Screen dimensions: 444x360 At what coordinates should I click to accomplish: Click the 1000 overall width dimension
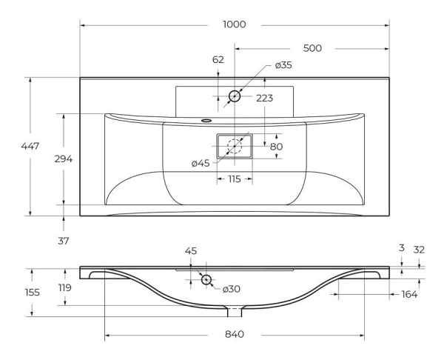tap(235, 24)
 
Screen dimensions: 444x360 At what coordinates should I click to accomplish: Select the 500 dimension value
tap(312, 48)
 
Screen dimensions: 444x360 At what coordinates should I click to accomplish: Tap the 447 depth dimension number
tap(30, 146)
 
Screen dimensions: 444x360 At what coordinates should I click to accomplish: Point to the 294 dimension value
tap(64, 159)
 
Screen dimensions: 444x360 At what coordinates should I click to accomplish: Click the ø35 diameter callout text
tap(283, 65)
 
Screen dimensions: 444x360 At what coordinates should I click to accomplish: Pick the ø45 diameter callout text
tap(201, 163)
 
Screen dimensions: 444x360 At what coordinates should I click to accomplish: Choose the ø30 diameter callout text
tap(232, 289)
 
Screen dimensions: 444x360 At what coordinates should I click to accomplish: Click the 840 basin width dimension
tap(235, 335)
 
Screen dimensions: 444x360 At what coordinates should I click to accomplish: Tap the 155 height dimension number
tap(33, 293)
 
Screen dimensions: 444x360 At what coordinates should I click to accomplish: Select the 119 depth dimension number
tap(65, 287)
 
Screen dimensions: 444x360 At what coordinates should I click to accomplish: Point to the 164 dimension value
tap(409, 295)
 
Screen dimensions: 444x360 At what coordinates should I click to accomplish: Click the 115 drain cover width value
tap(235, 179)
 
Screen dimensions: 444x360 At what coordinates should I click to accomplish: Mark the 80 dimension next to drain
tap(276, 147)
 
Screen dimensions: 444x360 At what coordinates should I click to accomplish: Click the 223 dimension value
tap(265, 98)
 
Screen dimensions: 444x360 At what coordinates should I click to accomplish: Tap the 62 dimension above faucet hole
tap(218, 59)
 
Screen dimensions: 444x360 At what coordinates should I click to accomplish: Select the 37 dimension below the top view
tap(64, 241)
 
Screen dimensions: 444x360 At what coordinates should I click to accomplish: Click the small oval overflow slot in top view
tap(206, 121)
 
